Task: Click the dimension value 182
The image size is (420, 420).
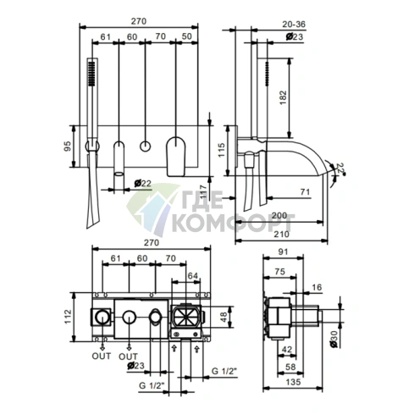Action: pos(283,97)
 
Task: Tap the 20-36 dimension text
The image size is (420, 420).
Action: pos(294,25)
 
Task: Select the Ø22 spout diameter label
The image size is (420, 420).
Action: pos(143,184)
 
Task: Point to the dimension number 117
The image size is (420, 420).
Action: pos(202,191)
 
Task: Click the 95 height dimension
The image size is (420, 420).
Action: pos(68,146)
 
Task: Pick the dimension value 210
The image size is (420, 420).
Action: pos(281,234)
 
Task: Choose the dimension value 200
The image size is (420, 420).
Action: pos(279,216)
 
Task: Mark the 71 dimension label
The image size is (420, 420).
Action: pos(305,192)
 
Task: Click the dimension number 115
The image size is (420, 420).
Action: pos(221,150)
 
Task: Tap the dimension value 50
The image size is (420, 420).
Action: pos(186,36)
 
